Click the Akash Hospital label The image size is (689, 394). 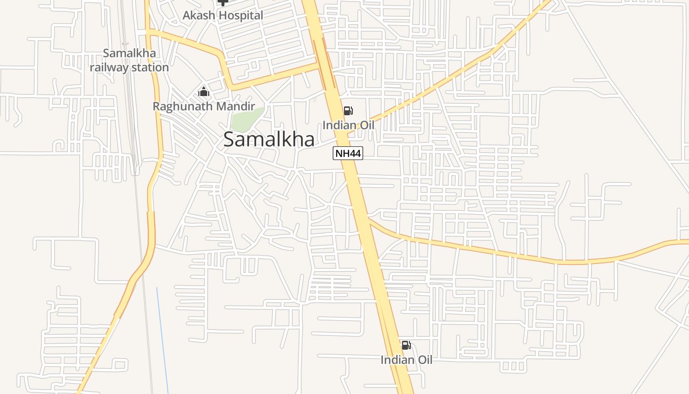pos(223,15)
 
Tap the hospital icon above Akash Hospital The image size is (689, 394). pos(223,2)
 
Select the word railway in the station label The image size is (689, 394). pos(110,67)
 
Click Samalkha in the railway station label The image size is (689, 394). pos(129,53)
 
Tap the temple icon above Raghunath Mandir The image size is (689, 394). pos(204,92)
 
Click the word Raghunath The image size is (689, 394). pos(183,106)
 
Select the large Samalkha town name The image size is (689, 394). pos(269,139)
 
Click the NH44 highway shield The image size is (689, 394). pos(348,153)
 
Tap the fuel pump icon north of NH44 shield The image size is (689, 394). pos(348,111)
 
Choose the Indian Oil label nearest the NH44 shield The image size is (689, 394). pos(348,125)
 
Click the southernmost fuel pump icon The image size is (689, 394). pos(406,345)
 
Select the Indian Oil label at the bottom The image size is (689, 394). pos(407,360)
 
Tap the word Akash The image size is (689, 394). pos(199,15)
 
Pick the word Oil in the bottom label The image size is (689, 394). pos(424,360)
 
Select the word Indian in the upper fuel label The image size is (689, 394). pos(339,125)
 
